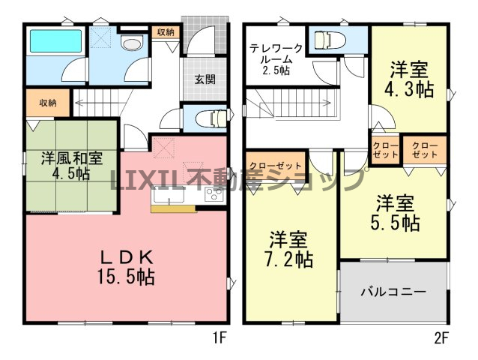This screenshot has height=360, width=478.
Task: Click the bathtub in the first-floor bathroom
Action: (x=56, y=41)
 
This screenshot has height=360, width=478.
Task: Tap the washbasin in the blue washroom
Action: (x=132, y=43)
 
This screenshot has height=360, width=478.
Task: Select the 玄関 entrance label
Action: (x=205, y=79)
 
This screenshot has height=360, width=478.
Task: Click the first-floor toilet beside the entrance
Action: (x=211, y=118)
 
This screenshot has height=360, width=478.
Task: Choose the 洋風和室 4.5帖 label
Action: (x=72, y=166)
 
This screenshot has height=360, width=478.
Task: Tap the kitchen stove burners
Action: (x=214, y=194)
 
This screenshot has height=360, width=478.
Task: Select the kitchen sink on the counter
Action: (x=169, y=196)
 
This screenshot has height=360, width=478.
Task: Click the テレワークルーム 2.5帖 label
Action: (x=276, y=59)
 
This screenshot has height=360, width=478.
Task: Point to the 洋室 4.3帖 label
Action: (x=409, y=79)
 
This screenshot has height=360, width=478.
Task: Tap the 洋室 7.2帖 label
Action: (x=288, y=249)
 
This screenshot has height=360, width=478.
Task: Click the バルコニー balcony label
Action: (x=393, y=292)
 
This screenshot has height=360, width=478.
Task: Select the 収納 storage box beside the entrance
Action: (x=166, y=32)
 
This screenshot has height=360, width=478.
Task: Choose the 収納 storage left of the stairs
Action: (x=48, y=103)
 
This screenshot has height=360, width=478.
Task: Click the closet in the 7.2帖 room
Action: (x=276, y=166)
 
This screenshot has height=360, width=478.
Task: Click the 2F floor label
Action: (x=441, y=338)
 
